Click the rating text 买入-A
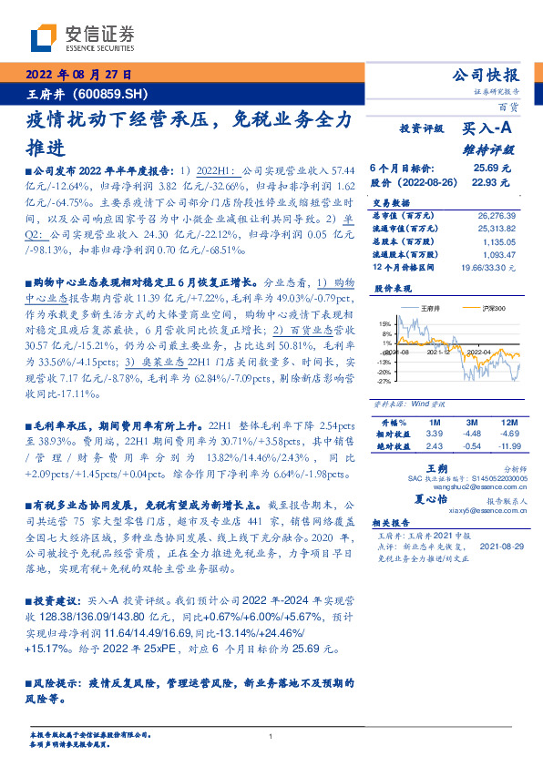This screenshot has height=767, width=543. click(492, 129)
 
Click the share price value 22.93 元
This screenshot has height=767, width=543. click(492, 182)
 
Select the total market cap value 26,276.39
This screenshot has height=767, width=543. click(497, 215)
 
